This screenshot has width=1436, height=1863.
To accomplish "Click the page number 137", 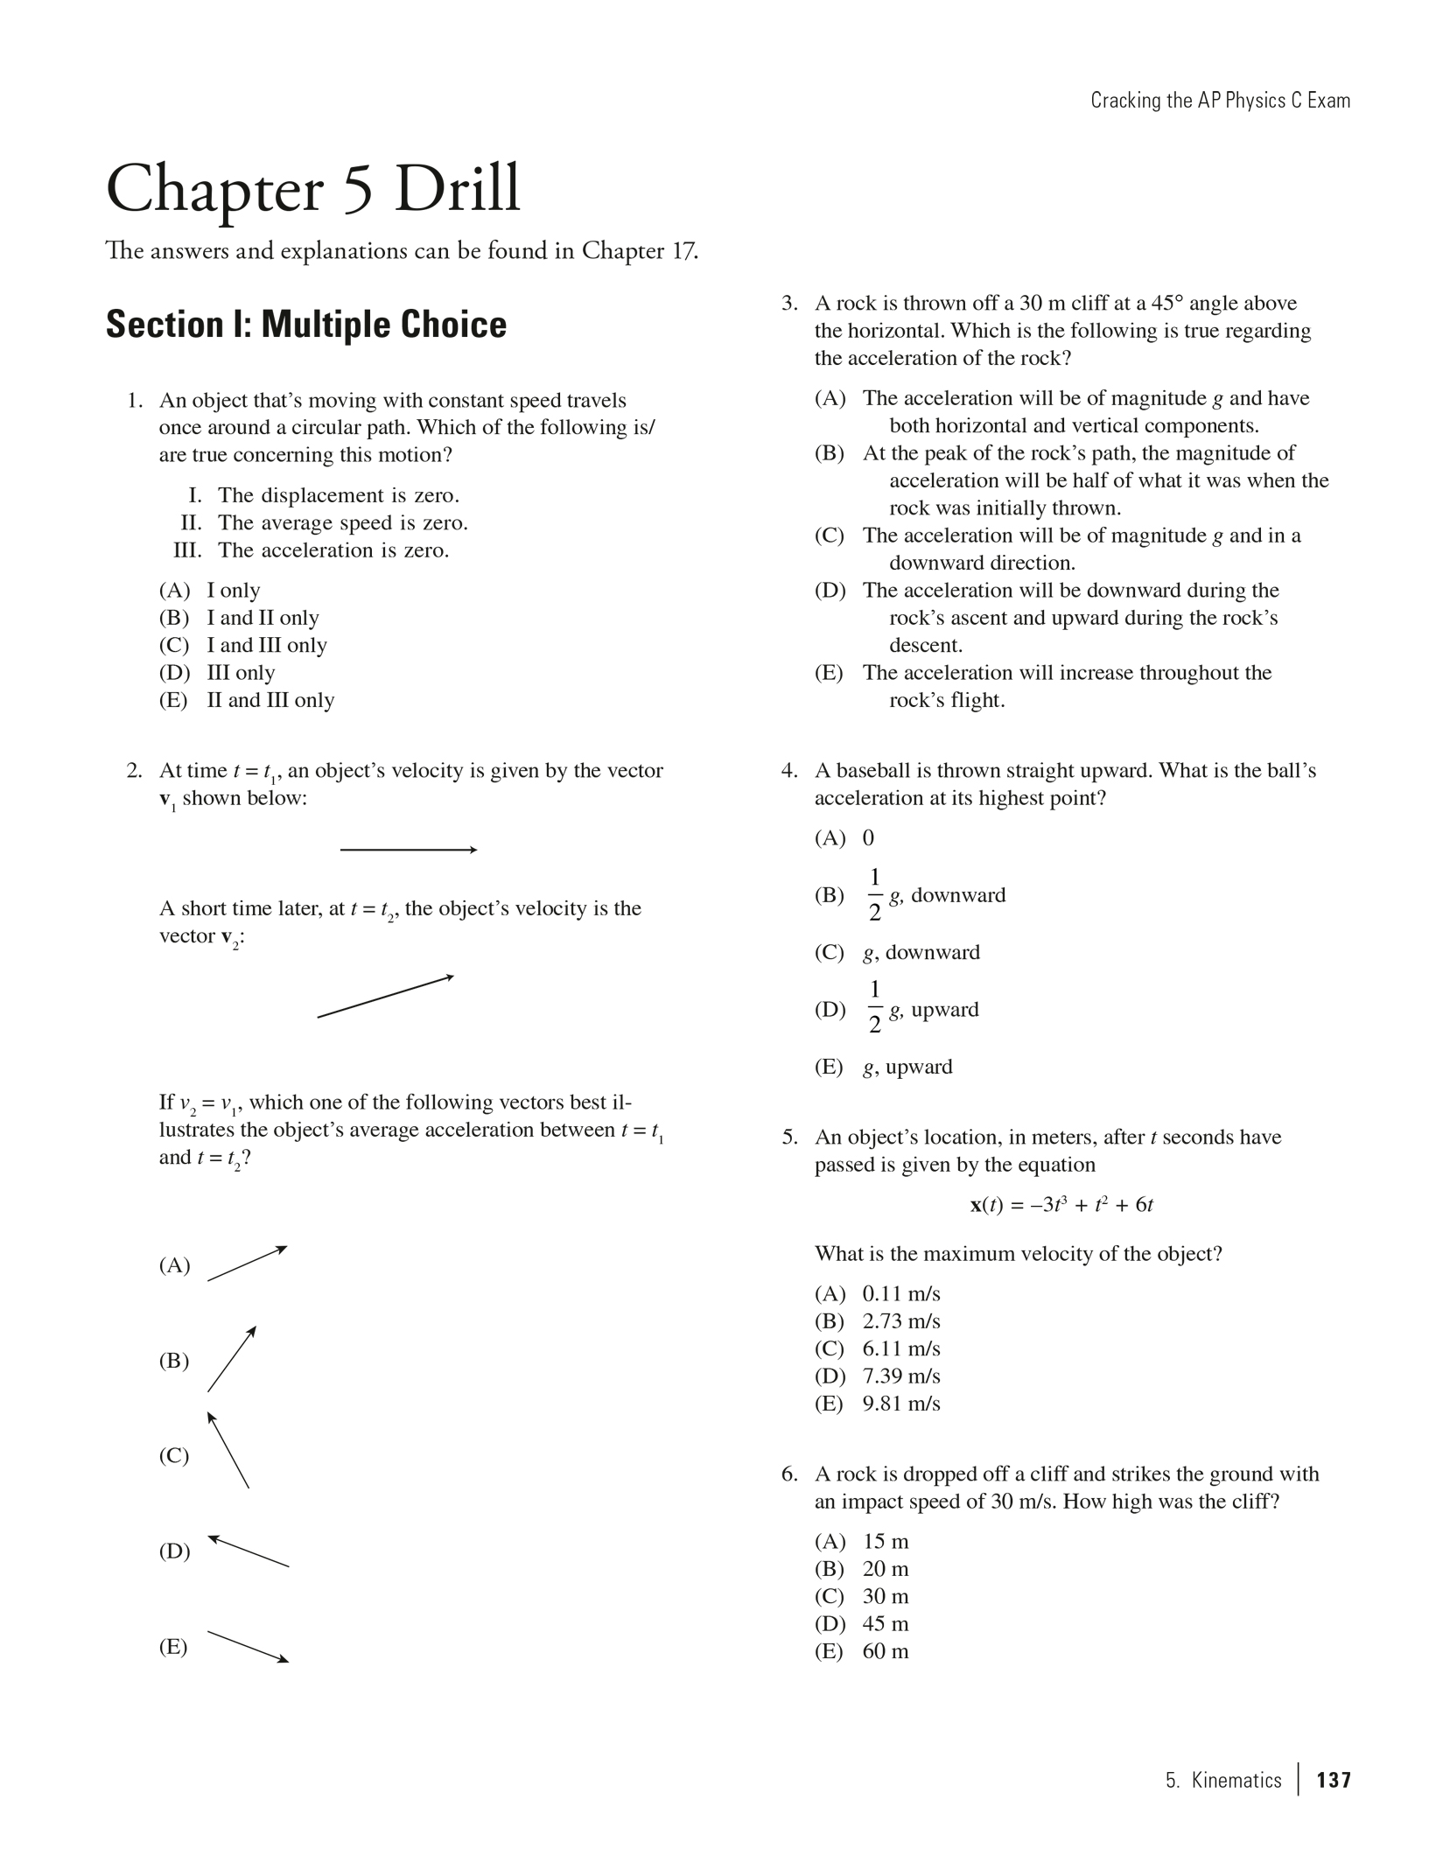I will point(1333,1780).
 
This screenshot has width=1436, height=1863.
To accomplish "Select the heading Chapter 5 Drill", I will point(313,189).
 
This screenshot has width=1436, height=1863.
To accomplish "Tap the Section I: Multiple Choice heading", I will point(306,325).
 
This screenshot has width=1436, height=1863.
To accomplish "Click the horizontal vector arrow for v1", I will point(408,850).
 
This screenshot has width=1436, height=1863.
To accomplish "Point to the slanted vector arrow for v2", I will point(385,997).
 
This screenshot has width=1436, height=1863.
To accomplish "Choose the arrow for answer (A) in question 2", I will point(247,1264).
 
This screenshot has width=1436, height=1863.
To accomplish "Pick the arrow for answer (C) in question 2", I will point(228,1450).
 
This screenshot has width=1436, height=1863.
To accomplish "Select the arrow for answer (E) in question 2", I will point(248,1646).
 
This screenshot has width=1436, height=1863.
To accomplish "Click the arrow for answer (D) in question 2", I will point(249,1551).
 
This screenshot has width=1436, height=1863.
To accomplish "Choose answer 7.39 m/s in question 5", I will point(900,1376).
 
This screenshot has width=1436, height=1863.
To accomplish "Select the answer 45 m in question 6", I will point(885,1623).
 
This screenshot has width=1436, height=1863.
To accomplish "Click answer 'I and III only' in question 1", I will point(266,645).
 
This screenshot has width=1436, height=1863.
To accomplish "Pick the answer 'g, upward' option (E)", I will point(907,1067).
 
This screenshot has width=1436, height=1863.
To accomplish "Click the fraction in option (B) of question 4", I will point(874,895).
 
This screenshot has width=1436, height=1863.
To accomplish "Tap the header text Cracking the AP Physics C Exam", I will point(1220,101).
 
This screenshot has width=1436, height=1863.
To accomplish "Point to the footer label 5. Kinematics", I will point(1222,1780).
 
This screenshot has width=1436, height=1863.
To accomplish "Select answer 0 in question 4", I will point(868,838).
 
